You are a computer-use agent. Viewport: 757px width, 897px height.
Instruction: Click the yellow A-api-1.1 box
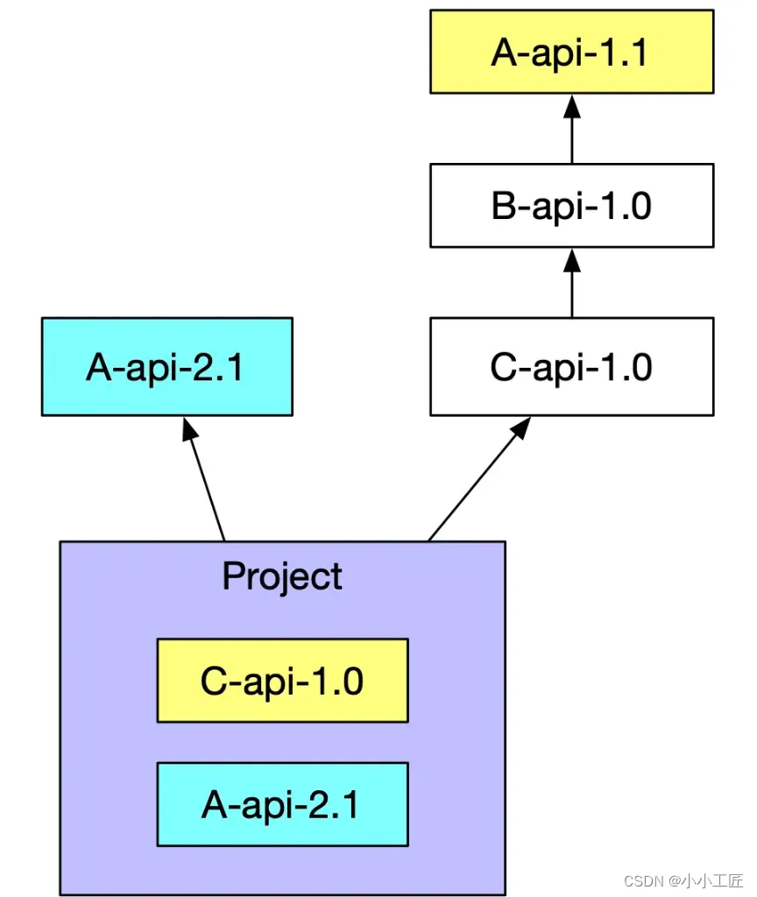(x=571, y=52)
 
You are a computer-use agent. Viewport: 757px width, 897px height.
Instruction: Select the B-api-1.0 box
(x=571, y=206)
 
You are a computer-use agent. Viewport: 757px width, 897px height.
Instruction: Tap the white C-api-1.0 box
(x=571, y=366)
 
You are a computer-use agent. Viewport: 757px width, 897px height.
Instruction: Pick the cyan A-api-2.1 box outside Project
(x=166, y=366)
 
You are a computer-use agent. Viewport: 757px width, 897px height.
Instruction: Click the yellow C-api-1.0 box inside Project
(x=282, y=680)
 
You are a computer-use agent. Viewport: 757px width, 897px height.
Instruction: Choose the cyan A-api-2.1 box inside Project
(x=282, y=804)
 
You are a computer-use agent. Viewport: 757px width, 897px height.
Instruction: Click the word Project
(x=282, y=576)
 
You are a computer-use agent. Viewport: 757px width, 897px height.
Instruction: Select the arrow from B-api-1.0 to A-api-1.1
(x=572, y=136)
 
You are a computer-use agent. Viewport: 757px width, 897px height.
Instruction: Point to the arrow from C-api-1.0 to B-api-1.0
(x=572, y=289)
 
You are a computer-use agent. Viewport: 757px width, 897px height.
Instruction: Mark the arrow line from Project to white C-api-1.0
(x=473, y=486)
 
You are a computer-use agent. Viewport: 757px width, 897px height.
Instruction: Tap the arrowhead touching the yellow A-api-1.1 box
(x=572, y=105)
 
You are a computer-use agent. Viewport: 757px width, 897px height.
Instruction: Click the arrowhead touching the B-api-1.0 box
(x=572, y=258)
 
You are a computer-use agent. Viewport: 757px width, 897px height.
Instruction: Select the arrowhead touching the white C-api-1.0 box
(x=521, y=427)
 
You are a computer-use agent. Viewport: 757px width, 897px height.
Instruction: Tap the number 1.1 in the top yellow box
(x=623, y=53)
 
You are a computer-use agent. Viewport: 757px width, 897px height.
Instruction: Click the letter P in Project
(x=232, y=576)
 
